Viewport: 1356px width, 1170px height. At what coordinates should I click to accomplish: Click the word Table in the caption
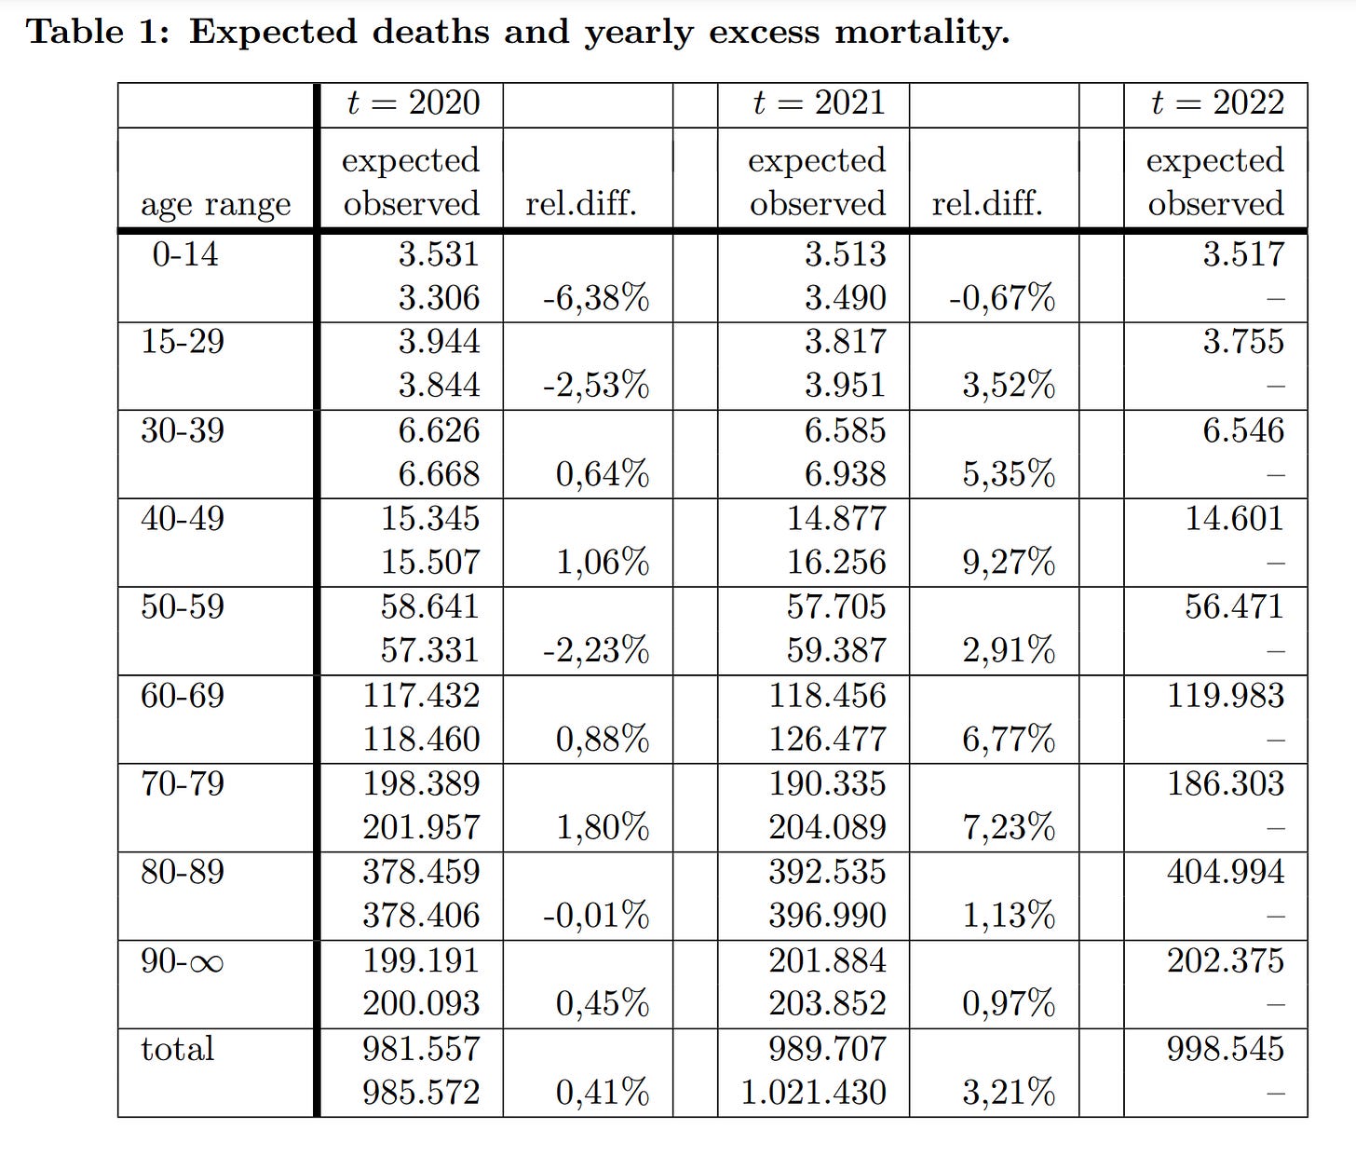click(75, 32)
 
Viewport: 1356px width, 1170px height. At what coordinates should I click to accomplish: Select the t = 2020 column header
click(413, 102)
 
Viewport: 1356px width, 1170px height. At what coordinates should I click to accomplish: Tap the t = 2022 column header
click(1217, 102)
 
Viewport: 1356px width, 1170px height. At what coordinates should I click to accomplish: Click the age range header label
click(215, 204)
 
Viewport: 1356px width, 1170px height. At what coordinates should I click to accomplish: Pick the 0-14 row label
click(184, 253)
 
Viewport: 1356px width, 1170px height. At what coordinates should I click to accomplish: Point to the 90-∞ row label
click(183, 960)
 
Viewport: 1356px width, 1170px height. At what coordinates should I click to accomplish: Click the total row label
click(177, 1049)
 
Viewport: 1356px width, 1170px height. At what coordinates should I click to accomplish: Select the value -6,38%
click(596, 298)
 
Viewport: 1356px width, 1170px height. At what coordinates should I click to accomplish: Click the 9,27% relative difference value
click(1009, 563)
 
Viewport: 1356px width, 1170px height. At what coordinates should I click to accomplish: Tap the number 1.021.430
click(813, 1092)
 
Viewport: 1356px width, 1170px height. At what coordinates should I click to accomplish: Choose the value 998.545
click(1225, 1049)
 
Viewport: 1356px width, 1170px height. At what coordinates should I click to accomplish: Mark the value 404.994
click(1225, 872)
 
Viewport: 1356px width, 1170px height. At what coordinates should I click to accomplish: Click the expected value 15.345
click(429, 519)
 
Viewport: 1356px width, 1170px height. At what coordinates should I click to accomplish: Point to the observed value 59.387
click(835, 650)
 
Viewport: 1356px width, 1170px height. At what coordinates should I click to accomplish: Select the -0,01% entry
click(596, 916)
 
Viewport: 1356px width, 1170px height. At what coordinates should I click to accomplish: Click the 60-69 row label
click(183, 696)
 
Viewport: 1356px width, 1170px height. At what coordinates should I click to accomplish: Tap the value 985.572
click(421, 1092)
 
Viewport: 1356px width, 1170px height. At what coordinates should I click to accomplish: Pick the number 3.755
click(1242, 342)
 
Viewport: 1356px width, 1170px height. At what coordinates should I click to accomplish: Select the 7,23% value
click(1009, 827)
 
